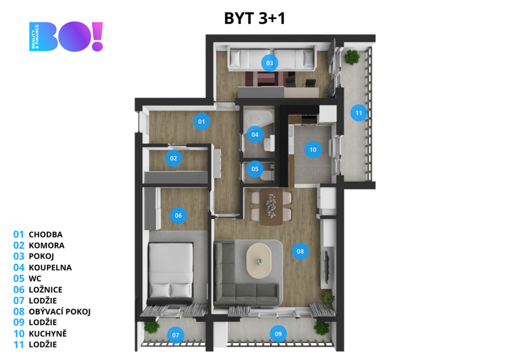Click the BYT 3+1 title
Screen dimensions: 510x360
coord(255,18)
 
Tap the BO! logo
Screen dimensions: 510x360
coord(66,36)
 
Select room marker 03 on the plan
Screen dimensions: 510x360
coord(269,63)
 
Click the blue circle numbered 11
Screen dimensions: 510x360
coord(359,113)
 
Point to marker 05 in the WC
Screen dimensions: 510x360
coord(255,169)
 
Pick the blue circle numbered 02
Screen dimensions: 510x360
coord(173,158)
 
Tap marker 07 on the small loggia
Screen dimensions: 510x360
coord(176,335)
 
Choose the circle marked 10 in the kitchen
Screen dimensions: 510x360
coord(313,149)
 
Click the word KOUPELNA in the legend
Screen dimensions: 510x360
coord(50,268)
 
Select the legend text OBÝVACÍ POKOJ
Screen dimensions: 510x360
coord(60,312)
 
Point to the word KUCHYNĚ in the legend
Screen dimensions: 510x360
coord(47,333)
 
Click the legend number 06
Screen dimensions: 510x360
coord(19,289)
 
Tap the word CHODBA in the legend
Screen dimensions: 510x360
coord(45,235)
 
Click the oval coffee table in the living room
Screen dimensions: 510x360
coord(259,261)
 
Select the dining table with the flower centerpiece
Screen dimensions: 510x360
coord(271,207)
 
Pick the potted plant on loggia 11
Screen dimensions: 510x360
coord(352,58)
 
